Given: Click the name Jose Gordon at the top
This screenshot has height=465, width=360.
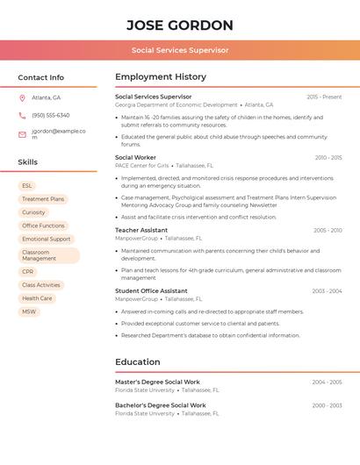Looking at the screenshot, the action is (x=180, y=25).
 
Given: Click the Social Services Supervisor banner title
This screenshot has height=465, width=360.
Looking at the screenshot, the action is (x=180, y=50).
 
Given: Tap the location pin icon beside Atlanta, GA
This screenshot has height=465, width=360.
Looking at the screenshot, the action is (x=22, y=97).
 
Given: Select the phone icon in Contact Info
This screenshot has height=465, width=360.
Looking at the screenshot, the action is (x=22, y=115).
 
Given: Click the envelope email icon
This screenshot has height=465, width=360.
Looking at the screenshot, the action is (x=22, y=134).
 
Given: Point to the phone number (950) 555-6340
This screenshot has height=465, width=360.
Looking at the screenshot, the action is (x=51, y=115).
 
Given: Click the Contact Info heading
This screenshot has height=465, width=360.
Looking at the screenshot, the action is (x=41, y=77).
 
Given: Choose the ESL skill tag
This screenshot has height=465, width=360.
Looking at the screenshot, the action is (x=27, y=186).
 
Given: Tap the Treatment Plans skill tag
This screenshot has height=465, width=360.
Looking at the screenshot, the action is (x=43, y=199).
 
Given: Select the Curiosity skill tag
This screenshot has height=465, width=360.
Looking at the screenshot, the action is (x=33, y=212).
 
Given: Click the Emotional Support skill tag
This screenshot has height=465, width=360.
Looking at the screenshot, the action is (x=47, y=239).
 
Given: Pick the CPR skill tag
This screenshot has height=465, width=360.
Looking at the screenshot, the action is (x=28, y=272).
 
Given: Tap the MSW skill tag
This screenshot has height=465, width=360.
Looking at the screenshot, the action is (x=29, y=311).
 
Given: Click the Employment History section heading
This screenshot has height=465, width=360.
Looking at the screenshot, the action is (x=161, y=77).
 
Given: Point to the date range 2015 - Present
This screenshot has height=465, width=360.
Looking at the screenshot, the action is (x=324, y=97).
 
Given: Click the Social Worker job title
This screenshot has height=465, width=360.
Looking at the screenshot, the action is (x=135, y=158).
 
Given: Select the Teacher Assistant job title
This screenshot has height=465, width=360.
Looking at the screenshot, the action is (x=141, y=230).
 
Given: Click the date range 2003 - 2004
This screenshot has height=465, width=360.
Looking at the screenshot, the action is (x=327, y=291).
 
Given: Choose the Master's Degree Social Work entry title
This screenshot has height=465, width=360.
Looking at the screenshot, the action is (x=157, y=382).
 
